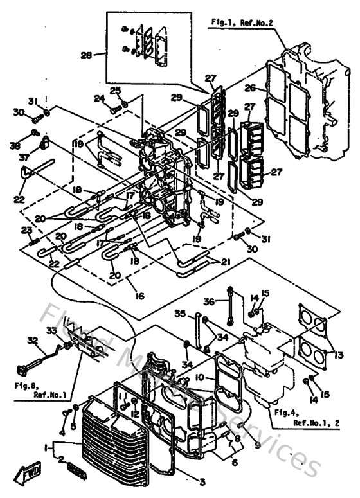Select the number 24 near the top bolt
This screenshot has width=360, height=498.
(x=100, y=99)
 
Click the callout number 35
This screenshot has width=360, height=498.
(x=181, y=314)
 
